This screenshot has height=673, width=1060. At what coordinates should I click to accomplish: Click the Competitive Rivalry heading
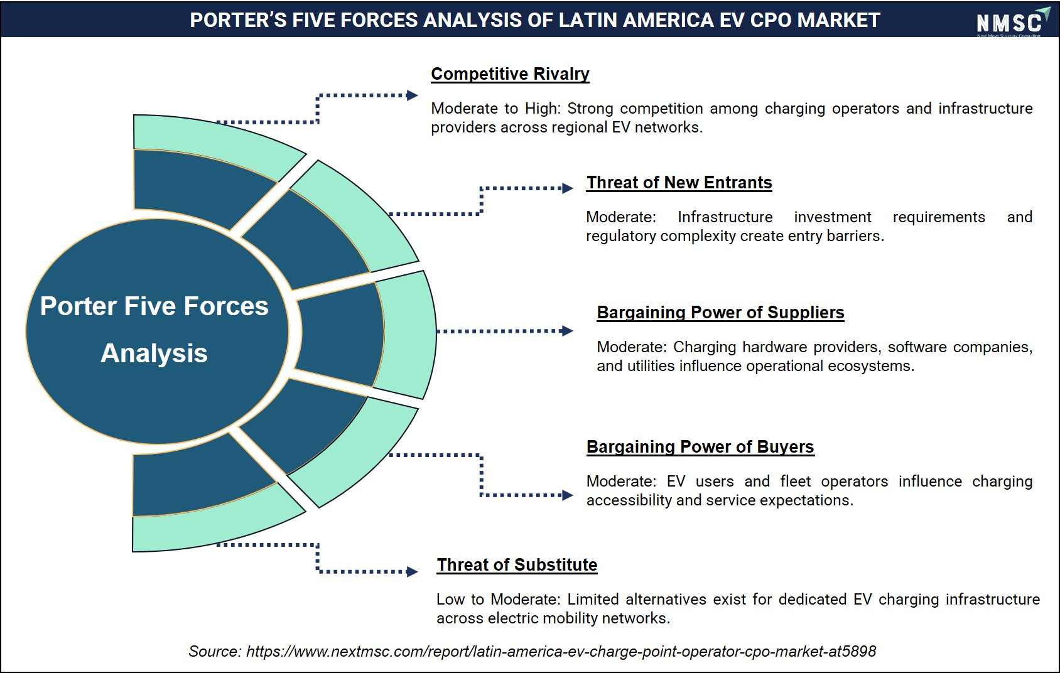coord(510,74)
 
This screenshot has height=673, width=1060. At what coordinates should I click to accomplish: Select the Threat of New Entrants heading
coord(679,183)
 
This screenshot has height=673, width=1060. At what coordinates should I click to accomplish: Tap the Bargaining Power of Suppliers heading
coord(720,313)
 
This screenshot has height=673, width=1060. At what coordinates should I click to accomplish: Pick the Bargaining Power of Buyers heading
coord(700,447)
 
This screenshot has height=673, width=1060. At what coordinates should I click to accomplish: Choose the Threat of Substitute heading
coord(517,564)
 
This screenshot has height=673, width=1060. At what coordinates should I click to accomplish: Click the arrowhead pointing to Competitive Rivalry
coord(412,95)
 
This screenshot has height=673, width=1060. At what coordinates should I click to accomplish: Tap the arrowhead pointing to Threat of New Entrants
coord(568,188)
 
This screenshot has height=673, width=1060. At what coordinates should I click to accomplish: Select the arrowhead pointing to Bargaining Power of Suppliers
coord(568,331)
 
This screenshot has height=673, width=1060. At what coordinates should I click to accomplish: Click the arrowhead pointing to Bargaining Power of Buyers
coord(568,495)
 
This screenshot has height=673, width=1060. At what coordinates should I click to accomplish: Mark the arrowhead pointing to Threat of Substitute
coord(412,572)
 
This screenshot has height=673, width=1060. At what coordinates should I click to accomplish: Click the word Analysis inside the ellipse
coord(154,353)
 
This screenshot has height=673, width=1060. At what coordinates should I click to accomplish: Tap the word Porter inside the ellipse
coord(78,306)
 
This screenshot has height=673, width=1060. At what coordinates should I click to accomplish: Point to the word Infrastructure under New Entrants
coord(725,217)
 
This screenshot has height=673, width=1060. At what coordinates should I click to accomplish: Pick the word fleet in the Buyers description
coord(796,482)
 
